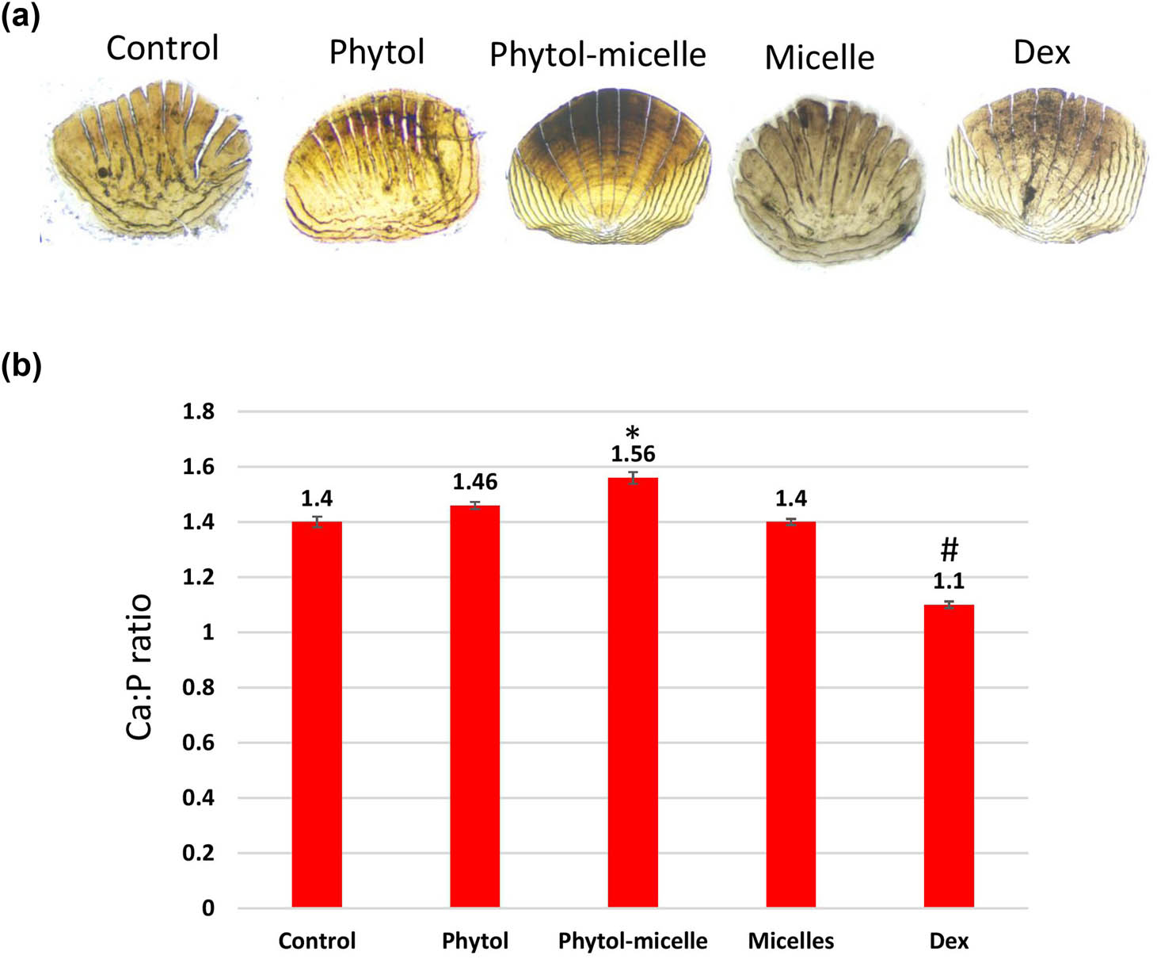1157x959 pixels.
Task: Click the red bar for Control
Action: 317,713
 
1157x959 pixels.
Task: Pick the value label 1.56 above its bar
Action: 633,454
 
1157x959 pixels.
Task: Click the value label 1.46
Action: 474,482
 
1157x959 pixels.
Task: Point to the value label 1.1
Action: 948,581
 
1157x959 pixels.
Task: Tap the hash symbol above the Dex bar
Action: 949,549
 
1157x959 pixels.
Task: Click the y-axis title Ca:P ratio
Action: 139,667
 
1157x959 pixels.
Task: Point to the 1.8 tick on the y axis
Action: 198,411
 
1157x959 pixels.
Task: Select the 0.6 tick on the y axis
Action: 198,743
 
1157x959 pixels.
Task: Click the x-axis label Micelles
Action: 790,941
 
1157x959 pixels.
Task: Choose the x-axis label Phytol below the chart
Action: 474,941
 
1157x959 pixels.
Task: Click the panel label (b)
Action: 21,365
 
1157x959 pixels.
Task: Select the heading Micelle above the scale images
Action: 819,57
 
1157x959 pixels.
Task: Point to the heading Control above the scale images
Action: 162,48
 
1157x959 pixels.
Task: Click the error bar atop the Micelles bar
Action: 791,522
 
